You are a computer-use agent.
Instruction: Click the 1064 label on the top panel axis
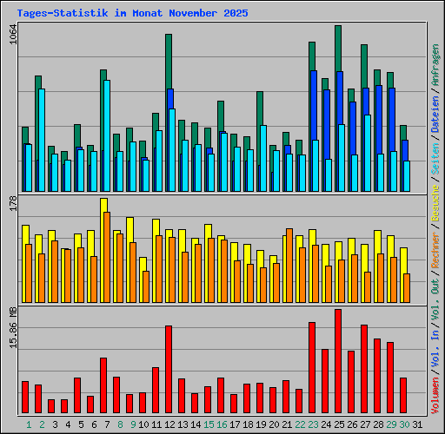coord(12,37)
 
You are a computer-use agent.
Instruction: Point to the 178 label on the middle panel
coord(12,203)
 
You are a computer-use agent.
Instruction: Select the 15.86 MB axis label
coord(12,327)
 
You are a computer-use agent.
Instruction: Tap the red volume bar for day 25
coord(338,361)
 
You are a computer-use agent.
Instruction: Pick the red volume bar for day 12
coord(169,370)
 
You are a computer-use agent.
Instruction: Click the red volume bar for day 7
coord(103,385)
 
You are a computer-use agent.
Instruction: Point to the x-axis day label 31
coord(417,424)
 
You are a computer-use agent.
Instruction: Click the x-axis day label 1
coord(29,424)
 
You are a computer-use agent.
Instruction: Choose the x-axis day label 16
coord(222,424)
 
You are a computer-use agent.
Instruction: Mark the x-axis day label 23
coord(313,424)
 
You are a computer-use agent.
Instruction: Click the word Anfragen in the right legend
coord(435,66)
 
